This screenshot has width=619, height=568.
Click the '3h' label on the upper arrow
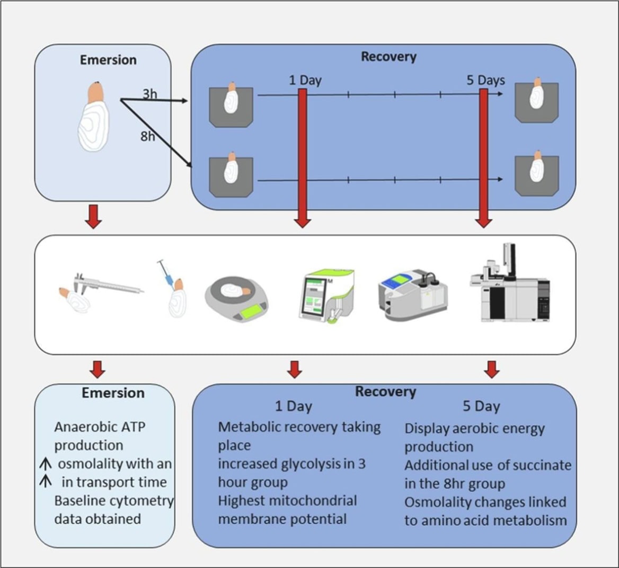point(150,94)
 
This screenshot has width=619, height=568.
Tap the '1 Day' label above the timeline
point(305,81)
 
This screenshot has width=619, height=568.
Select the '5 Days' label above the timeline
point(485,81)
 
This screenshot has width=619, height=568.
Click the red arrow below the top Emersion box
point(93,218)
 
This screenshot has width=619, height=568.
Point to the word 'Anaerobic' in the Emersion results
point(79,427)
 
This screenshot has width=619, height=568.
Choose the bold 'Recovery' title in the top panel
point(388,57)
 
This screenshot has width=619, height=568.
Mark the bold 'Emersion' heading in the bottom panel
point(113,393)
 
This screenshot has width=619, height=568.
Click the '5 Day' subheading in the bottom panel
point(481,407)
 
